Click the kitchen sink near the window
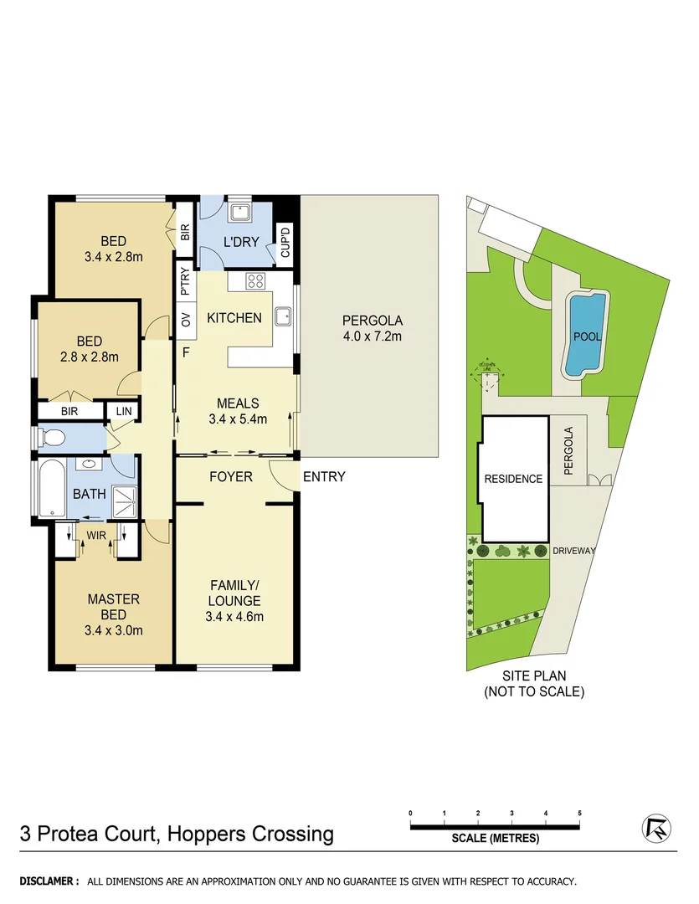(284, 316)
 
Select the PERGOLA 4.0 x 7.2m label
(373, 328)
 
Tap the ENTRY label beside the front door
(324, 477)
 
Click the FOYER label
(230, 477)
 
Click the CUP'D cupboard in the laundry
(285, 243)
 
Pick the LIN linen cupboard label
(124, 411)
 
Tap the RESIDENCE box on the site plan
(513, 479)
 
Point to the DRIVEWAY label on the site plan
(574, 551)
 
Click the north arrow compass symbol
(657, 829)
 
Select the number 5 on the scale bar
(579, 814)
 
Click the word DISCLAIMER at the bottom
(49, 881)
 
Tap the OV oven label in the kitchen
(186, 319)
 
